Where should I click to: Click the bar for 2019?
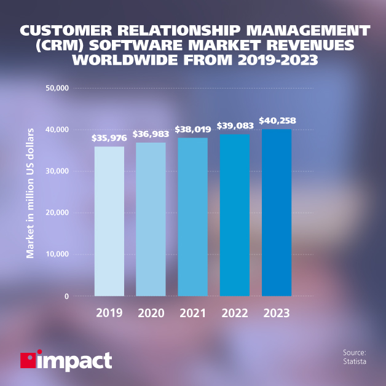(x=109, y=221)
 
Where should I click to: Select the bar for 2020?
(x=151, y=219)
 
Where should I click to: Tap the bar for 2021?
(x=192, y=217)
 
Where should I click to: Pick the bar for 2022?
(x=234, y=215)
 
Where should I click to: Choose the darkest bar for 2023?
(x=277, y=213)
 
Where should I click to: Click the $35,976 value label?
(x=109, y=139)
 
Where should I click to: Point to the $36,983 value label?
(x=151, y=135)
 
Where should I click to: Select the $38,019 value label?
(x=192, y=130)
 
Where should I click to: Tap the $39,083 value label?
(x=234, y=125)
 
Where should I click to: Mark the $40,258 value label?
(x=277, y=120)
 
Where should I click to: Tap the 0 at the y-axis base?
(x=66, y=296)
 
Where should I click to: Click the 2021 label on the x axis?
(x=192, y=313)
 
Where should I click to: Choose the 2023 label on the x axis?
(x=277, y=313)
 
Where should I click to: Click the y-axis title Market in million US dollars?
(x=30, y=192)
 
